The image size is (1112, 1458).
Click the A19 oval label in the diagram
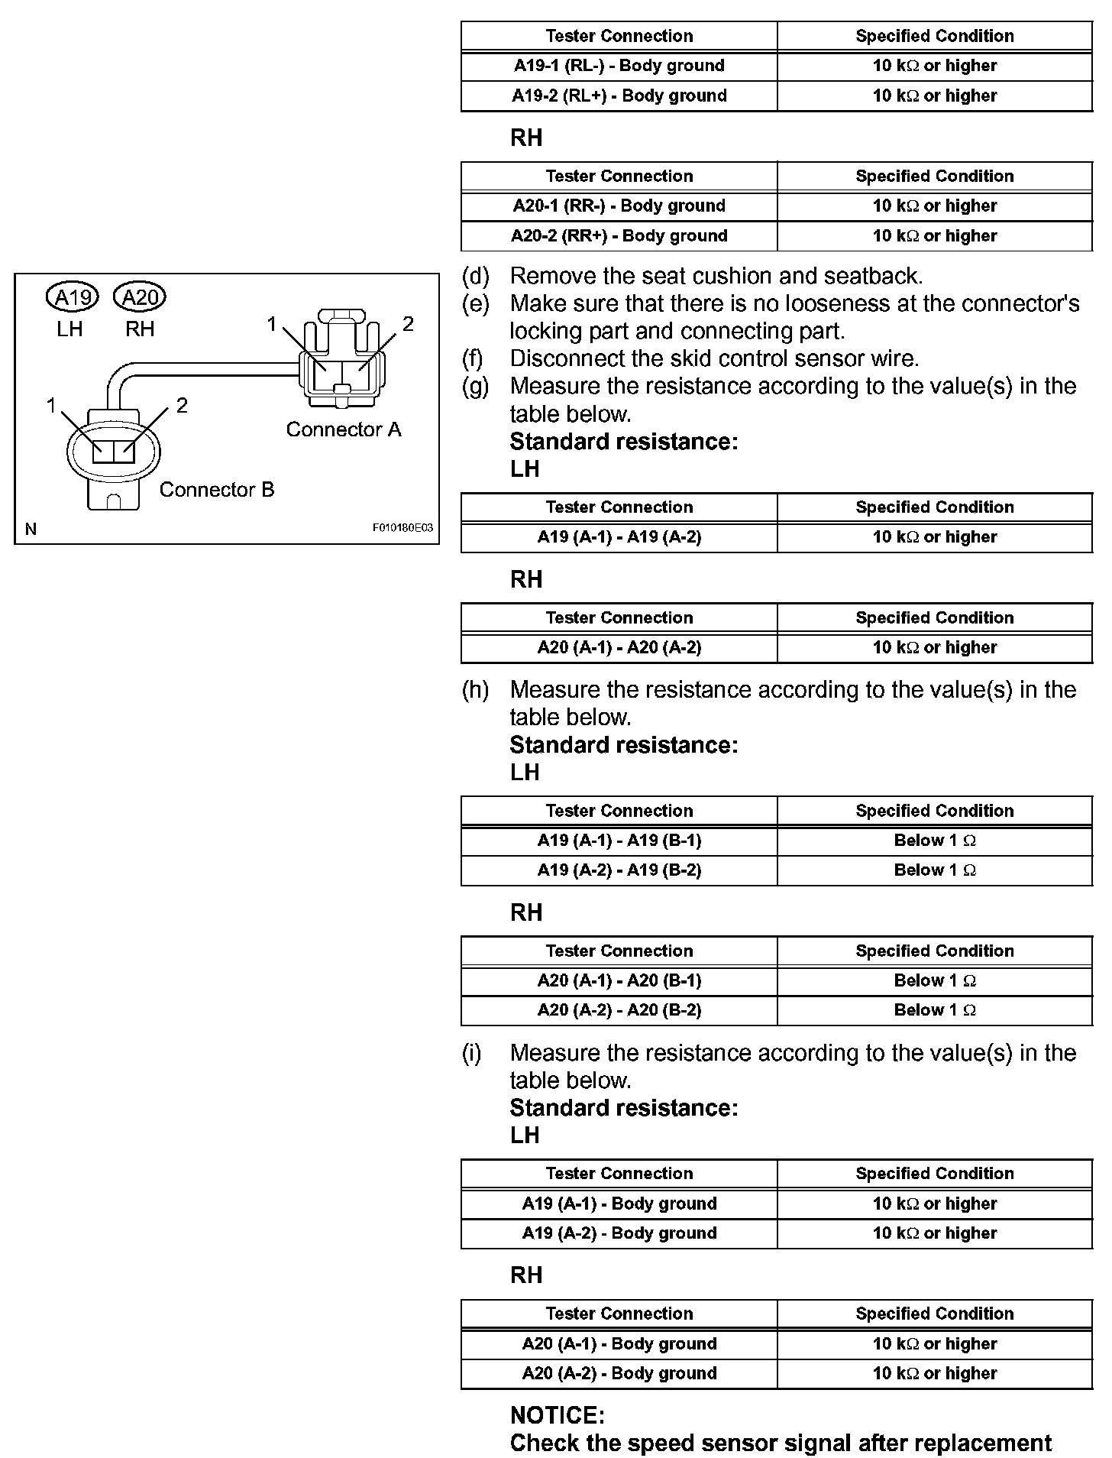(x=73, y=296)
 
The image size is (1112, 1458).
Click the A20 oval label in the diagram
(x=139, y=296)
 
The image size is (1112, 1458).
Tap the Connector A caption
(x=343, y=429)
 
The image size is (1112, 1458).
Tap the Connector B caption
(x=216, y=490)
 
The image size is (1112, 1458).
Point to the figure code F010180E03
(x=402, y=528)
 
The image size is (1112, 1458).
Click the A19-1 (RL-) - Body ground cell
(x=619, y=66)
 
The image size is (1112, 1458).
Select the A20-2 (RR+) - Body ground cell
(x=619, y=236)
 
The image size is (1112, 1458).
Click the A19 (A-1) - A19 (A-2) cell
(x=619, y=537)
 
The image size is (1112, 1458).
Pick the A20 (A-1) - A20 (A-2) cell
(x=619, y=648)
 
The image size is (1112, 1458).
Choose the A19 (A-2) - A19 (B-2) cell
(x=619, y=870)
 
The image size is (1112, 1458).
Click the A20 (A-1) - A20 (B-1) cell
(x=619, y=981)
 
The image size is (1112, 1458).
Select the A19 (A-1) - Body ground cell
(x=619, y=1204)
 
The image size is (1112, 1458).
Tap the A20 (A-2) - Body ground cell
(x=619, y=1374)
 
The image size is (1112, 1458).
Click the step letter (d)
(x=475, y=276)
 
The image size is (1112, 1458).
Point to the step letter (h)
(x=475, y=690)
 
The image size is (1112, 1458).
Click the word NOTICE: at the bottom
(x=557, y=1416)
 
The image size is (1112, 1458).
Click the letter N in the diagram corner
(x=31, y=529)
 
